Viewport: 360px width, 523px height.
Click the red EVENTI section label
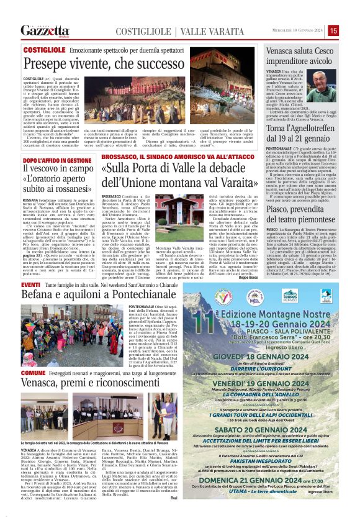pos(30,284)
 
